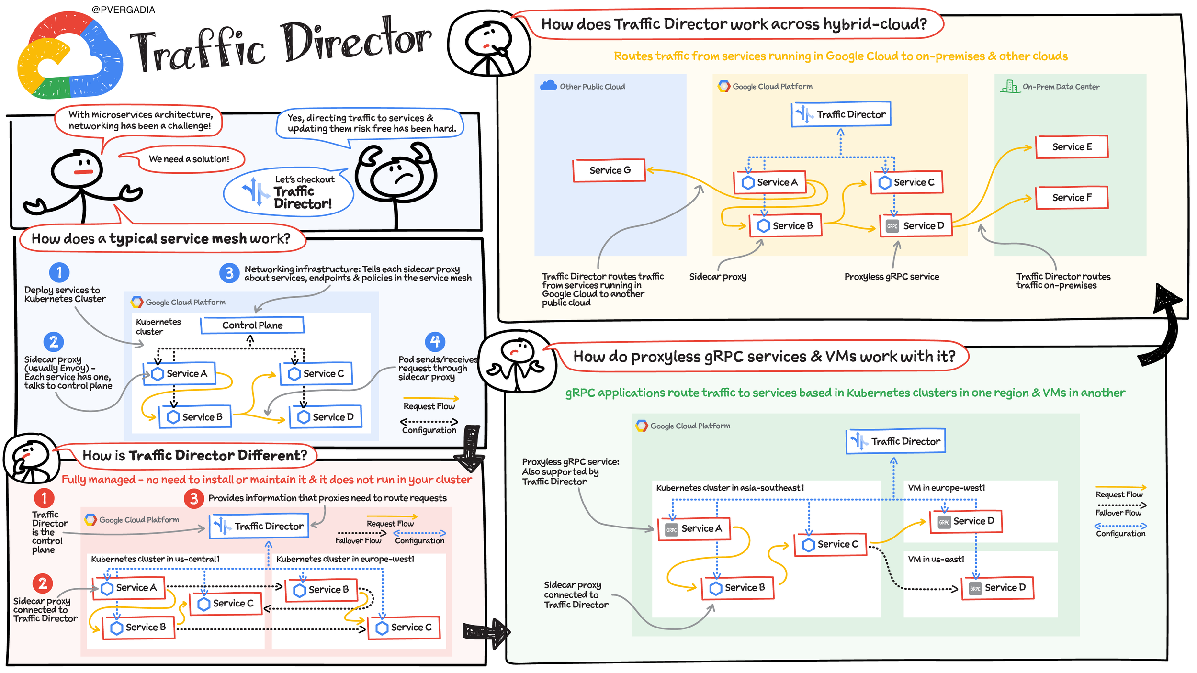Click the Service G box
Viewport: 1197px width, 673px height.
[x=609, y=170]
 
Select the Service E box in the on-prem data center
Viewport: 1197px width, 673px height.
[x=1072, y=147]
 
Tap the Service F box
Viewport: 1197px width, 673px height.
[x=1072, y=198]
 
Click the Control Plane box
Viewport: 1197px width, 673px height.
[x=252, y=325]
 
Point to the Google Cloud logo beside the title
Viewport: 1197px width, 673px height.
[x=70, y=56]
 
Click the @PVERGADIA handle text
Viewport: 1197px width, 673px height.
[x=123, y=10]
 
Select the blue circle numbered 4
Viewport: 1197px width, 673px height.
[x=435, y=342]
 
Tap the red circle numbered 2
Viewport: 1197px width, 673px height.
[x=43, y=583]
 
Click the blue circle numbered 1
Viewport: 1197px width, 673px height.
[x=59, y=272]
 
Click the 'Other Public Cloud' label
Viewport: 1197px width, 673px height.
[x=592, y=87]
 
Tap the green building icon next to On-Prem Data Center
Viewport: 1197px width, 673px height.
[x=1010, y=87]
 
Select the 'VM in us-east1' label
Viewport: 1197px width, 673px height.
[x=936, y=559]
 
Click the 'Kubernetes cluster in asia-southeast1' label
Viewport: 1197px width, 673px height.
[x=730, y=488]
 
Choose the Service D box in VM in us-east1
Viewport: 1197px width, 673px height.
[x=998, y=588]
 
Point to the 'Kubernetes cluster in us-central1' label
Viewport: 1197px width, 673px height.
[x=155, y=559]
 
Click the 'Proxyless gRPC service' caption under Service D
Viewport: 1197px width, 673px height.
[x=892, y=277]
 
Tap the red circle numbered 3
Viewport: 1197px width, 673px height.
[x=194, y=499]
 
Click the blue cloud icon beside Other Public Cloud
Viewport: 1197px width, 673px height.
[x=548, y=86]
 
